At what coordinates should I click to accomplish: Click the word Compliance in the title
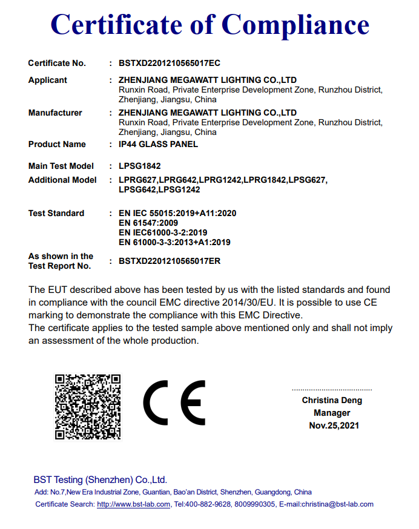tap(295, 25)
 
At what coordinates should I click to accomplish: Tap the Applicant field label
tap(48, 80)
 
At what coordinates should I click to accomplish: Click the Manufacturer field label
tap(55, 113)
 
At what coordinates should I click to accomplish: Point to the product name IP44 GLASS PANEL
tap(159, 145)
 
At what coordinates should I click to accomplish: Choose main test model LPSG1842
tap(140, 166)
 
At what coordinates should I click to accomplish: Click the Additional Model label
tap(62, 180)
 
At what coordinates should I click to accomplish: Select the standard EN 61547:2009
tap(148, 223)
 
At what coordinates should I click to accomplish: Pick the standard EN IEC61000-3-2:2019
tap(163, 232)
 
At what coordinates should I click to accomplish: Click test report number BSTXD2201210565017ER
tap(170, 261)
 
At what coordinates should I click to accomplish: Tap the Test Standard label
tap(56, 213)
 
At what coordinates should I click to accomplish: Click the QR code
tap(87, 406)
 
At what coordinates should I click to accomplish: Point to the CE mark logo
tap(174, 403)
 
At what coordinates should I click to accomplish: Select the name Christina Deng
tap(332, 400)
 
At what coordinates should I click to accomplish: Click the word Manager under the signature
tap(332, 413)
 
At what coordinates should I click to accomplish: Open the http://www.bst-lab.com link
tap(133, 504)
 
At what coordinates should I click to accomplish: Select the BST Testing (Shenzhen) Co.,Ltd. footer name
tap(101, 480)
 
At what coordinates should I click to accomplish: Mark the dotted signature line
tap(332, 390)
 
